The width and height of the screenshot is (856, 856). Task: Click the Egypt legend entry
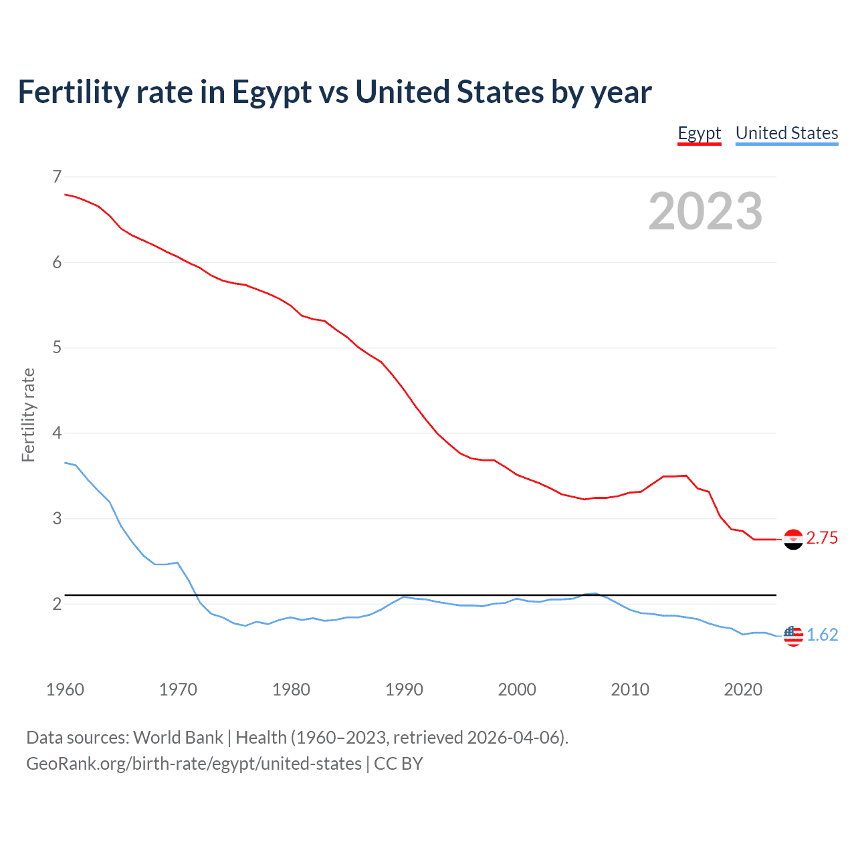(699, 133)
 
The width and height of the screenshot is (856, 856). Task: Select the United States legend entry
(786, 133)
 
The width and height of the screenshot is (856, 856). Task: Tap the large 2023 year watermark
(705, 211)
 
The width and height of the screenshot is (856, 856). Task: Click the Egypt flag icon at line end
(792, 539)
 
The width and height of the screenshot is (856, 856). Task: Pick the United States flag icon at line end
(792, 635)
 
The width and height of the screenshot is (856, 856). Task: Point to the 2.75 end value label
(822, 538)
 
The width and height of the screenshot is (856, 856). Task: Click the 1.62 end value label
(822, 635)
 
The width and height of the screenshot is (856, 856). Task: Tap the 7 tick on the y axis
(56, 177)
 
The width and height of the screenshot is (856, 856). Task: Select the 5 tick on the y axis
(56, 348)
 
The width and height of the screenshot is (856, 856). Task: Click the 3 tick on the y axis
(56, 518)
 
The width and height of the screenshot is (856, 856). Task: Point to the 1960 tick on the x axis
(65, 689)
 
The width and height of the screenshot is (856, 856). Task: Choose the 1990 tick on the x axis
(404, 689)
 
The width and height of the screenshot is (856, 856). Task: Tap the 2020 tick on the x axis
(743, 689)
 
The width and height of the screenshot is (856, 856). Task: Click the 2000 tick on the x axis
(517, 689)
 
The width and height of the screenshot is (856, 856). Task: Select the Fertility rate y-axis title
(28, 415)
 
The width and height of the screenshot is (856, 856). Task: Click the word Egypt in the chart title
(272, 92)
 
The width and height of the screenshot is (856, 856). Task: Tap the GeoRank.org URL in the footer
(193, 764)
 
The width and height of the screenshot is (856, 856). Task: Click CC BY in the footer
(399, 764)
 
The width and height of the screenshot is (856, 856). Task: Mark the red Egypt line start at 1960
(66, 195)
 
